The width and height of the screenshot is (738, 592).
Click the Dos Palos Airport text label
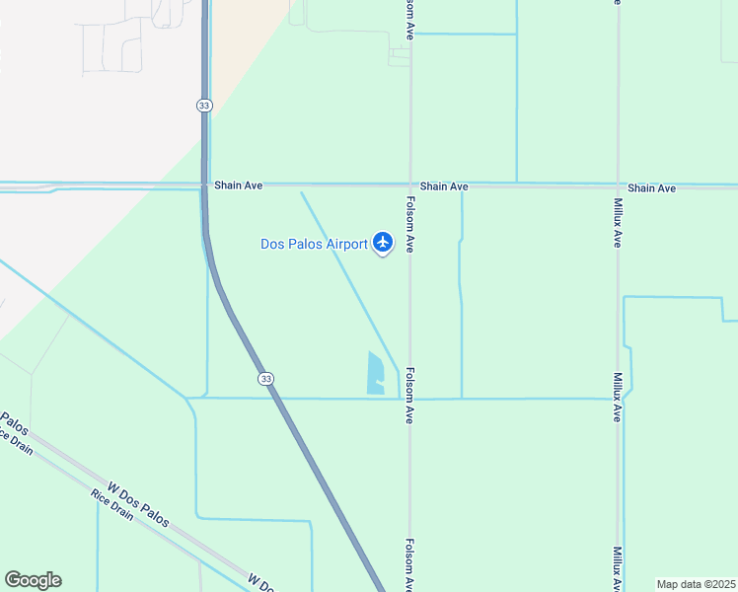(313, 244)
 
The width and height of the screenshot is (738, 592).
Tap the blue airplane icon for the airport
(383, 243)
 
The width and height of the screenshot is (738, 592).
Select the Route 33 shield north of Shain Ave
(204, 105)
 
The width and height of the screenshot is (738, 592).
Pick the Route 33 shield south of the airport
(265, 379)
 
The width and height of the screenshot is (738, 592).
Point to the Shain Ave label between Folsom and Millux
(443, 186)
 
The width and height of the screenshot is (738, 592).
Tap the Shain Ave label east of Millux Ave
(651, 187)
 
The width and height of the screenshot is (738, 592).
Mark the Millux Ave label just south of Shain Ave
(617, 221)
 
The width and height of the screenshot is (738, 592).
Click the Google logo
(33, 580)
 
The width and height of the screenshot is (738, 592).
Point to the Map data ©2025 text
(697, 584)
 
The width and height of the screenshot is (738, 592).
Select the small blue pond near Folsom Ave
(376, 375)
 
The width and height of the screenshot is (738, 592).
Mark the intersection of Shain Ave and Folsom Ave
(410, 185)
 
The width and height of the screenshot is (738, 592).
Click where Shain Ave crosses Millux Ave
(618, 185)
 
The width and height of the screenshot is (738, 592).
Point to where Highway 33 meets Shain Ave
(204, 185)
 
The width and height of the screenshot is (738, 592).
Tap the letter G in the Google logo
(14, 580)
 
